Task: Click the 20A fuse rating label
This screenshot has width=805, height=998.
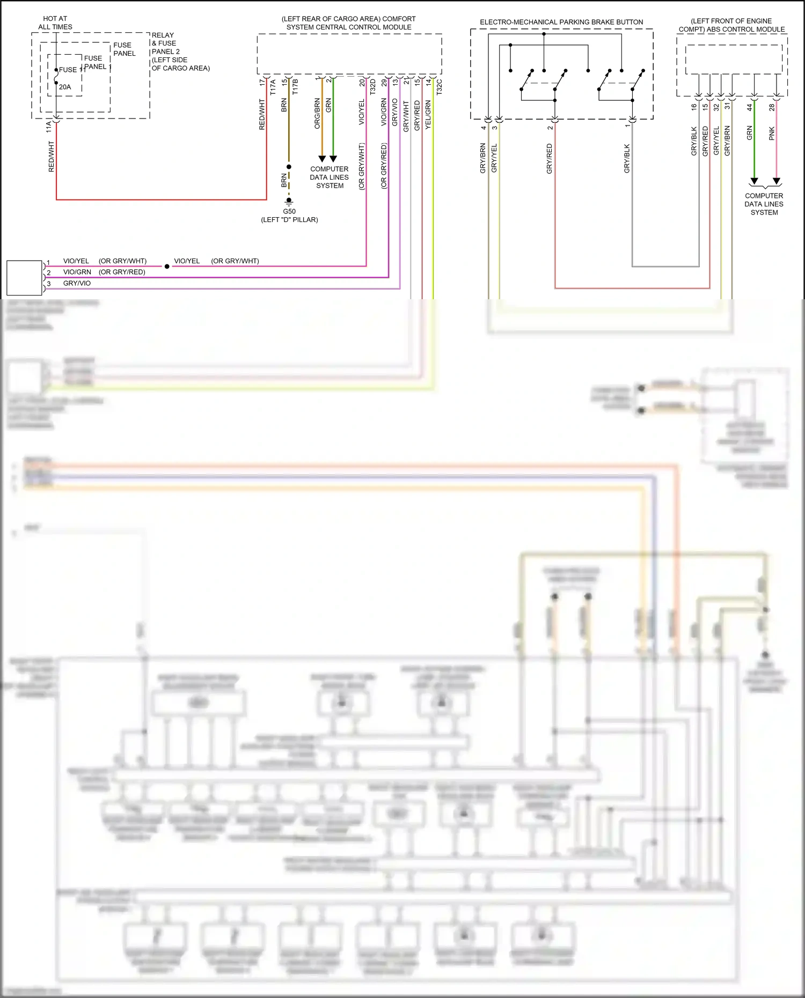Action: point(65,87)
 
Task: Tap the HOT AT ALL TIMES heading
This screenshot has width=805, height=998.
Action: point(55,23)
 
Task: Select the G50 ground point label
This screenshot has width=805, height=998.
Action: point(289,211)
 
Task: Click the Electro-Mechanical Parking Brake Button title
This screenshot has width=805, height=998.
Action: point(561,22)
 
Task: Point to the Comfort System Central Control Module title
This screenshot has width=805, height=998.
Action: point(349,23)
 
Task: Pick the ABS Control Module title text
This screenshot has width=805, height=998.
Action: point(731,25)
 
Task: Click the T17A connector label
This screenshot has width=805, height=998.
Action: point(273,87)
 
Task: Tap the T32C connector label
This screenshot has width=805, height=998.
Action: point(440,87)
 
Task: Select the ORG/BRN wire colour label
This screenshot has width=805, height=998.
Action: point(317,113)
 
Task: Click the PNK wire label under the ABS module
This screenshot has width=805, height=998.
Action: point(772,134)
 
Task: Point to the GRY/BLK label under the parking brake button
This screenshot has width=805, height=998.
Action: point(627,158)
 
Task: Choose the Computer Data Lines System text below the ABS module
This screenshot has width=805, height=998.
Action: point(764,204)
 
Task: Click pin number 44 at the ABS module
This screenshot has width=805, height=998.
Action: point(750,107)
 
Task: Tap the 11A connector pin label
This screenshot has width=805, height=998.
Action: point(49,127)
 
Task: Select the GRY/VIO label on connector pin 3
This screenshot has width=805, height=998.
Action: point(77,283)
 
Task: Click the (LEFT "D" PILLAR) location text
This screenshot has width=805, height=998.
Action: point(289,220)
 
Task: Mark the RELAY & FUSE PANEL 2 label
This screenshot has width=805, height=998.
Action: point(166,43)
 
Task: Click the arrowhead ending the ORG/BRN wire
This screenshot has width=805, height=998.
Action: point(322,159)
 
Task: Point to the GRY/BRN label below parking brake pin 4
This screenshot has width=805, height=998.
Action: point(482,158)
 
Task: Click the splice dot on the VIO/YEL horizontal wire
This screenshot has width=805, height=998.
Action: point(167,266)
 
